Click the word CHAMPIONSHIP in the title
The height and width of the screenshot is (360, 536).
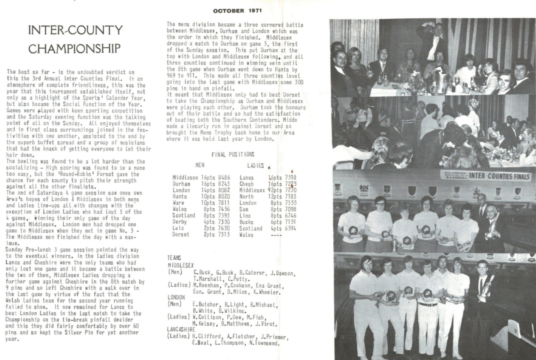pos(75,48)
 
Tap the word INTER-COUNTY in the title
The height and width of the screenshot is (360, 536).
pos(75,30)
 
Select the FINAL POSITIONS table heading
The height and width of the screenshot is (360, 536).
pos(233,154)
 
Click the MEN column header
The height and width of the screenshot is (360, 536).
pos(200,165)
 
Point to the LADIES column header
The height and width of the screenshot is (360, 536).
pos(255,165)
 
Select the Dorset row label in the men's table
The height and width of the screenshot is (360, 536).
pos(181,235)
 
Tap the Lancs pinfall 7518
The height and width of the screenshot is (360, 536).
pos(290,178)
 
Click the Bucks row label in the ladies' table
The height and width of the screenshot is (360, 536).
pos(246,222)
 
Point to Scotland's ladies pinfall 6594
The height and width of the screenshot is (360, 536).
pos(290,228)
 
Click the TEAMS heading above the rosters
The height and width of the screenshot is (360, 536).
pos(174,258)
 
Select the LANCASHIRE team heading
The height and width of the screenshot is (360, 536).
pos(181,329)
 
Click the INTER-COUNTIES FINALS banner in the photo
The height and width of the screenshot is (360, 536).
pos(499,176)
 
